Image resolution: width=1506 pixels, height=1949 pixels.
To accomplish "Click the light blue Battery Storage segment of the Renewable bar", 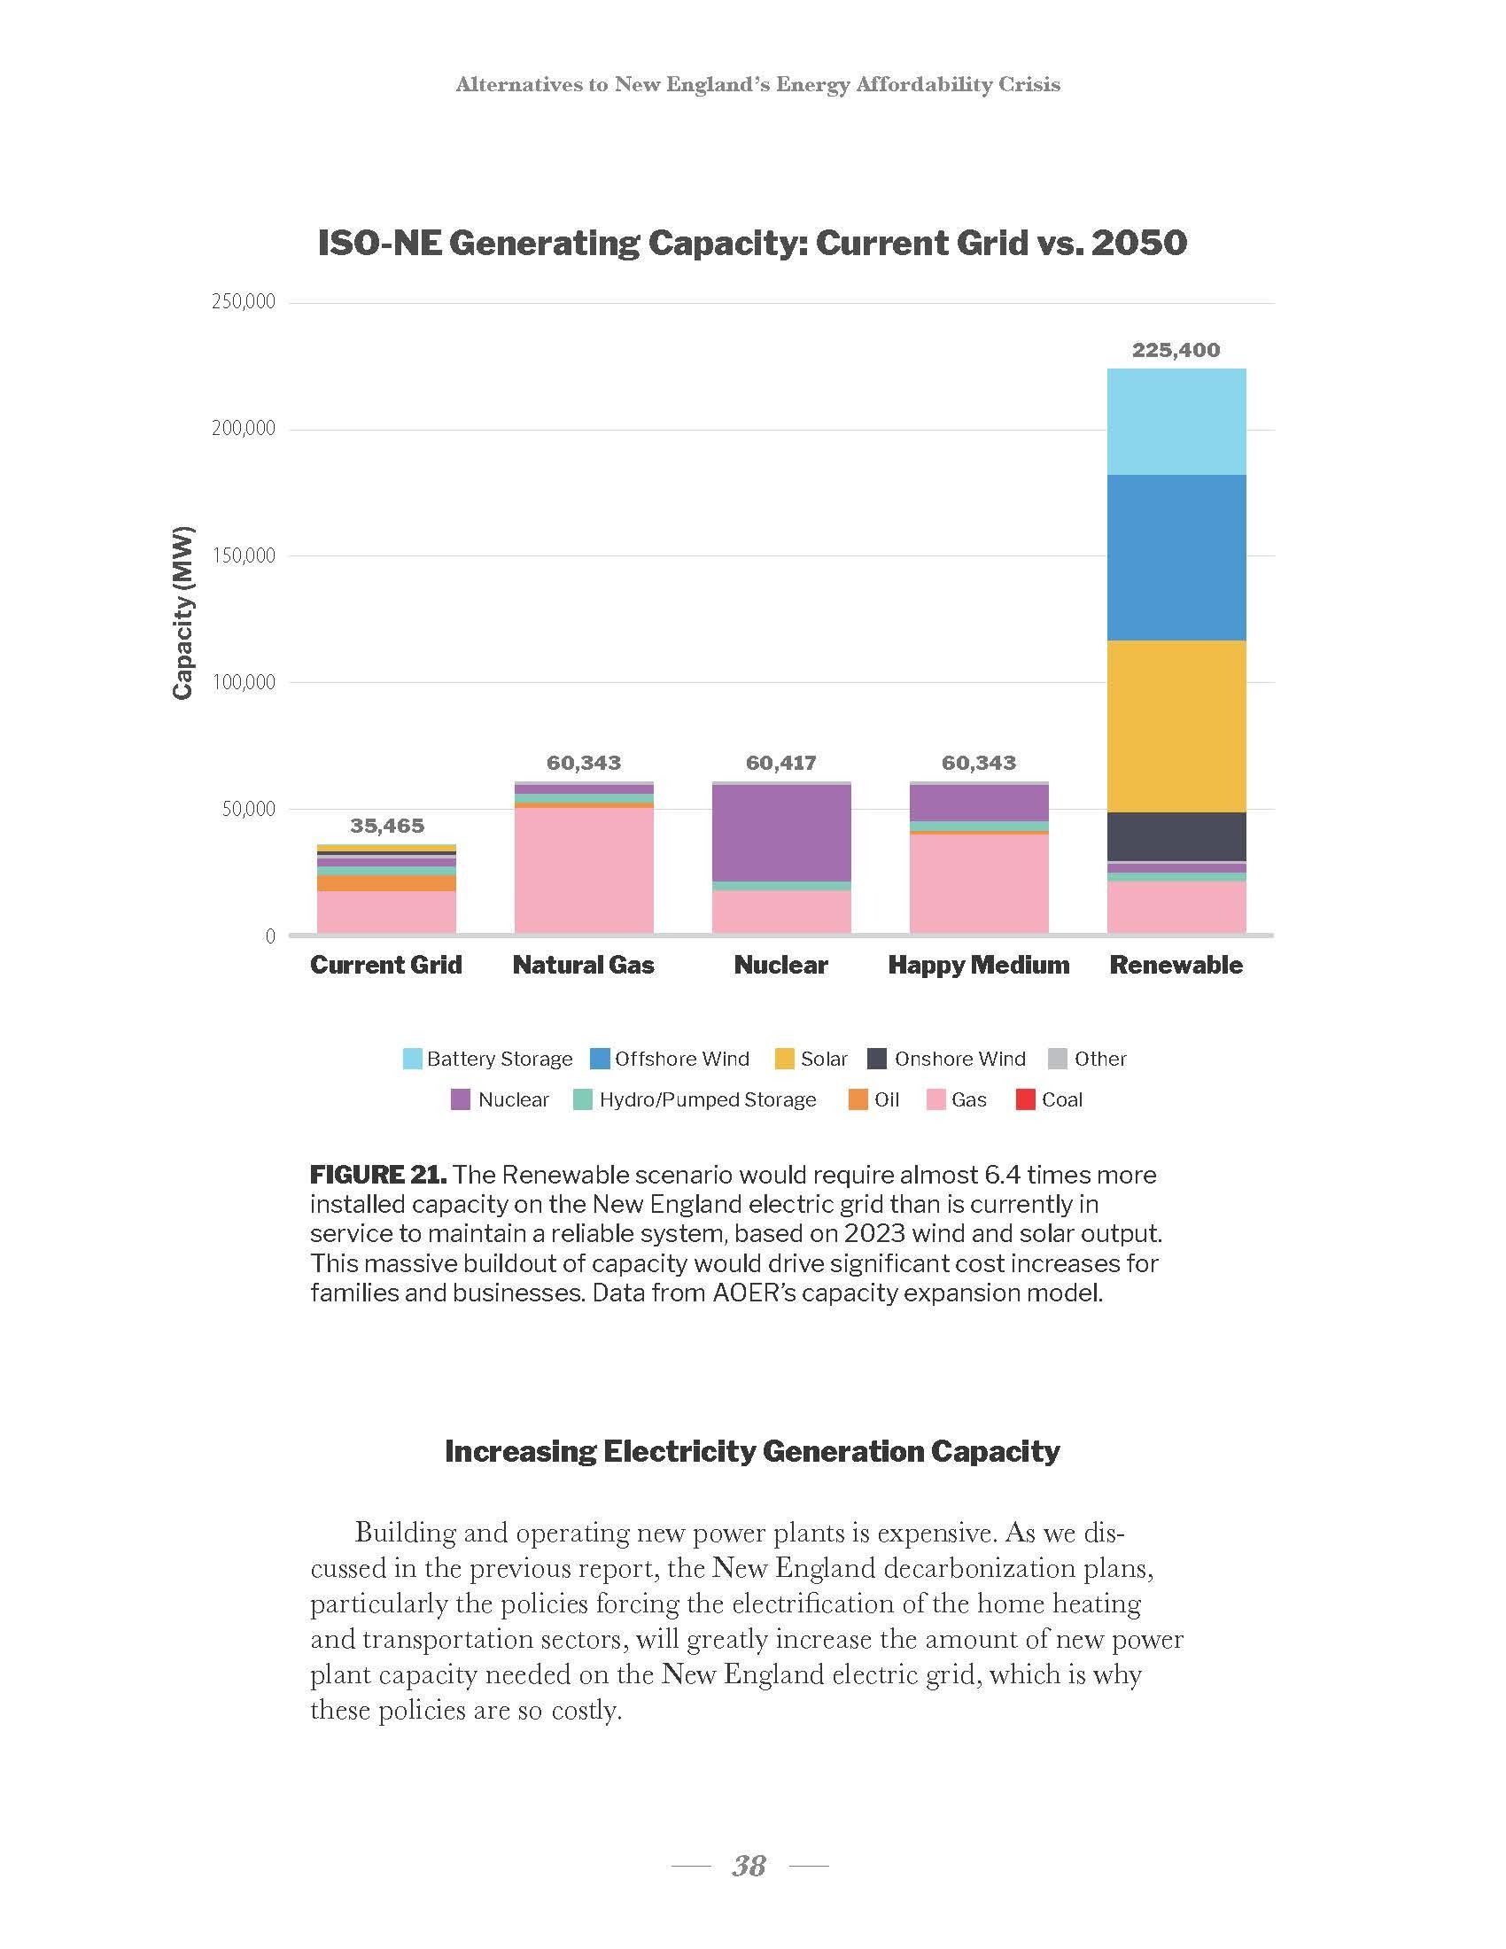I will (1176, 421).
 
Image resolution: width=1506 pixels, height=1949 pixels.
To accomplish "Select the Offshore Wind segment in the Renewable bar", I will (1176, 557).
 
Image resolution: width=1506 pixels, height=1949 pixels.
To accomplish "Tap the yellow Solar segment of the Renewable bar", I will (1176, 726).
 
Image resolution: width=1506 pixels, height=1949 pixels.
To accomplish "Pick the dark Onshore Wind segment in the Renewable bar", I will (1176, 836).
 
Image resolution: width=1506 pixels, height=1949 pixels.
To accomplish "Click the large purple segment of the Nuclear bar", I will (780, 833).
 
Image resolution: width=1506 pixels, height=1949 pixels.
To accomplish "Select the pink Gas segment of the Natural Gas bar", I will (584, 870).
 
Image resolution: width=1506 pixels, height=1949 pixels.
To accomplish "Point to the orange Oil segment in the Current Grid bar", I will (386, 882).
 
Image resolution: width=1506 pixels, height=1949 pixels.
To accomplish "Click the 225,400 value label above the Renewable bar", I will (1176, 350).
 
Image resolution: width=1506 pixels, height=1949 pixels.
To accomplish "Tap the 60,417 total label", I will (780, 763).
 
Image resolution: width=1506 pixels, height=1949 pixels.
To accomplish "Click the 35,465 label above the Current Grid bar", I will (386, 826).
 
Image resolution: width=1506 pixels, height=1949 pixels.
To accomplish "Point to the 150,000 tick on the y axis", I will (244, 556).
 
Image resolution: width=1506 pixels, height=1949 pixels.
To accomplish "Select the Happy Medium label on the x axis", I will (979, 965).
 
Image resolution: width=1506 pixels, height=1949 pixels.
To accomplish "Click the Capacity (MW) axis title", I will (182, 612).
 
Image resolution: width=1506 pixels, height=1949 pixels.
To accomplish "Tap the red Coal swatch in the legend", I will (1026, 1100).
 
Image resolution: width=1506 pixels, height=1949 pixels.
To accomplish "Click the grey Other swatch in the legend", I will (1057, 1060).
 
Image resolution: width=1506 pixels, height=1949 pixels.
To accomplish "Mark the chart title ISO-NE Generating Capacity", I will (752, 243).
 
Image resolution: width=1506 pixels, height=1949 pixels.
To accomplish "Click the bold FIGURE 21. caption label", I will (378, 1175).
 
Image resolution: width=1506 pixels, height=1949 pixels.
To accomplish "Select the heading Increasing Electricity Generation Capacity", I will (752, 1451).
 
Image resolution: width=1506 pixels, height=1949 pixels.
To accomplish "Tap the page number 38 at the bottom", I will (749, 1865).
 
